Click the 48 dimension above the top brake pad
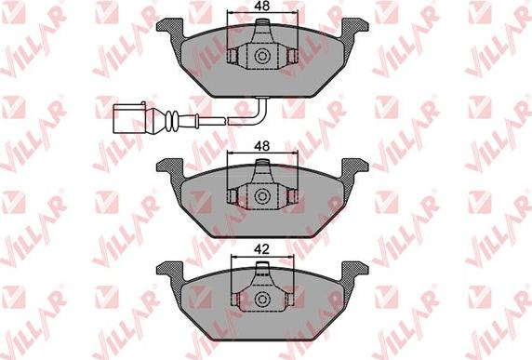pos(262,7)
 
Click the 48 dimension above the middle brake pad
pos(262,146)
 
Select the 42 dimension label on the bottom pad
pos(262,249)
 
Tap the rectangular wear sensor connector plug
pos(129,118)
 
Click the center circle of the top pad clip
pos(262,56)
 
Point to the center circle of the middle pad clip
pos(262,196)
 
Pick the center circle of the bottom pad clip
pos(262,299)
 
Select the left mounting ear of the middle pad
pos(170,168)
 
